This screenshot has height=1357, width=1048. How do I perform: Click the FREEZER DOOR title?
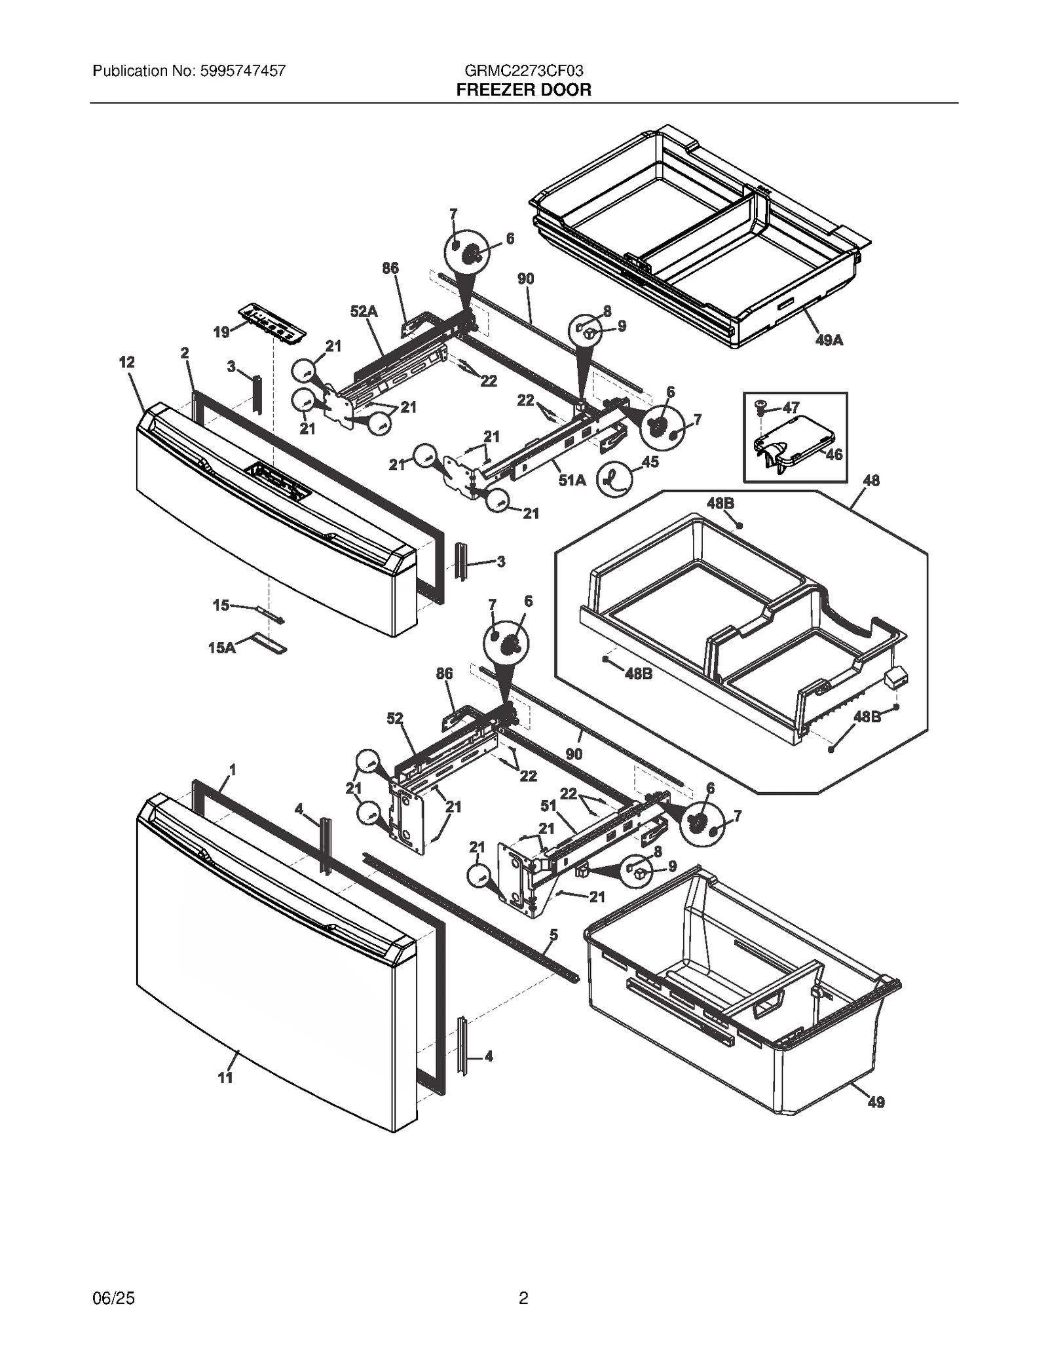(523, 90)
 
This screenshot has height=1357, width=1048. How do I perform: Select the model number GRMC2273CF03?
(523, 71)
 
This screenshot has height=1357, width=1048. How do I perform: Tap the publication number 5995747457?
(238, 71)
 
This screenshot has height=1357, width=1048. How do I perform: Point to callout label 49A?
(829, 340)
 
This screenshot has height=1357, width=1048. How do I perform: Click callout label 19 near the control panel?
(221, 332)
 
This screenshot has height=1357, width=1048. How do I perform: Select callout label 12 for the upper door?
(126, 362)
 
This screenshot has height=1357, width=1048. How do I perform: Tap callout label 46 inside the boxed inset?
(833, 454)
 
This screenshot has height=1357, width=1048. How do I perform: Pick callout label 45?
(650, 462)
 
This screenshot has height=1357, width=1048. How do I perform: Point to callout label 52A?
(364, 312)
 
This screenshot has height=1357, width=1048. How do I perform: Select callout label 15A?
(221, 648)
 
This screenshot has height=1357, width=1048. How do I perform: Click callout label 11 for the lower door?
(225, 1078)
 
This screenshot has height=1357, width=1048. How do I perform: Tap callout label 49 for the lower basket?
(876, 1103)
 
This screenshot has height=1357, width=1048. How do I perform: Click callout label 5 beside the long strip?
(553, 935)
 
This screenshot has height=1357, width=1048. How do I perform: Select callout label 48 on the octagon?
(870, 480)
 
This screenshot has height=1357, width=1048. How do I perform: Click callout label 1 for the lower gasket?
(232, 770)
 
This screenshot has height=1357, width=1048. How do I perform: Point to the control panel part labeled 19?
(272, 322)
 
